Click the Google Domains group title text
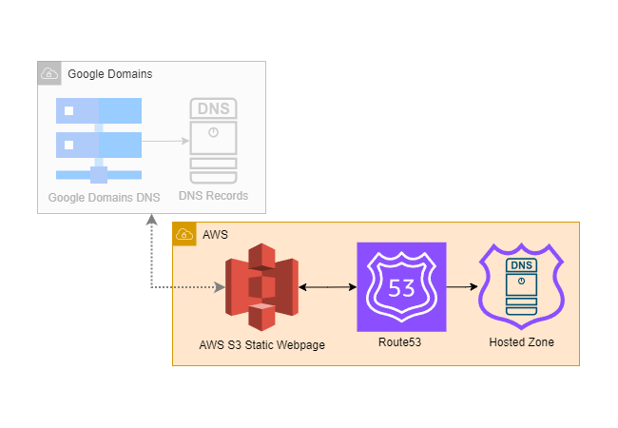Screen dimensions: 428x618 (110, 74)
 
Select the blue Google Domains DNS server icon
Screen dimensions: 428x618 (99, 139)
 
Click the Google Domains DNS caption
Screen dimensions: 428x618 (104, 198)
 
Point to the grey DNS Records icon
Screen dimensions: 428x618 (214, 141)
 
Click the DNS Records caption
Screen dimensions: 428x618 (214, 196)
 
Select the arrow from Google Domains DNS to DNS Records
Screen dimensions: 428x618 (165, 141)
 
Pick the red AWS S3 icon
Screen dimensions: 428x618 (261, 286)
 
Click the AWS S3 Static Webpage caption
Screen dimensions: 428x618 (262, 345)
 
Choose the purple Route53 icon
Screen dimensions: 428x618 (400, 286)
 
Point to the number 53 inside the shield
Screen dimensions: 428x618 (401, 288)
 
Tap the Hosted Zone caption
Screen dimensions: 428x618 (521, 342)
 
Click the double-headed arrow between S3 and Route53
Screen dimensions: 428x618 (327, 285)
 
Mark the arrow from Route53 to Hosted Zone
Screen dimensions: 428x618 (461, 285)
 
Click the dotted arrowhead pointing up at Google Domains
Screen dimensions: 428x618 (152, 220)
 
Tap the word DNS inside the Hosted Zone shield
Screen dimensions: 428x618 (521, 264)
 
